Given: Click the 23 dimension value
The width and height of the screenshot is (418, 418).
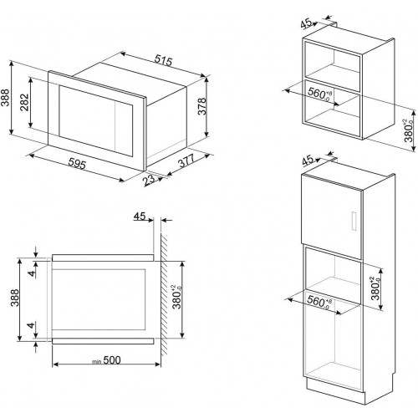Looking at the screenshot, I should click(149, 180).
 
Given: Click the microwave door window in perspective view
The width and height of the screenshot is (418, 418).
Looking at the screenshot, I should click(84, 117).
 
